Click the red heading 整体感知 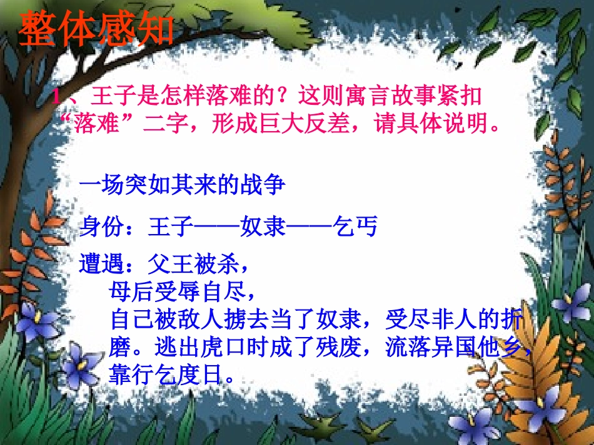[94, 29]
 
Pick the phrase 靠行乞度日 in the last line [165, 374]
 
